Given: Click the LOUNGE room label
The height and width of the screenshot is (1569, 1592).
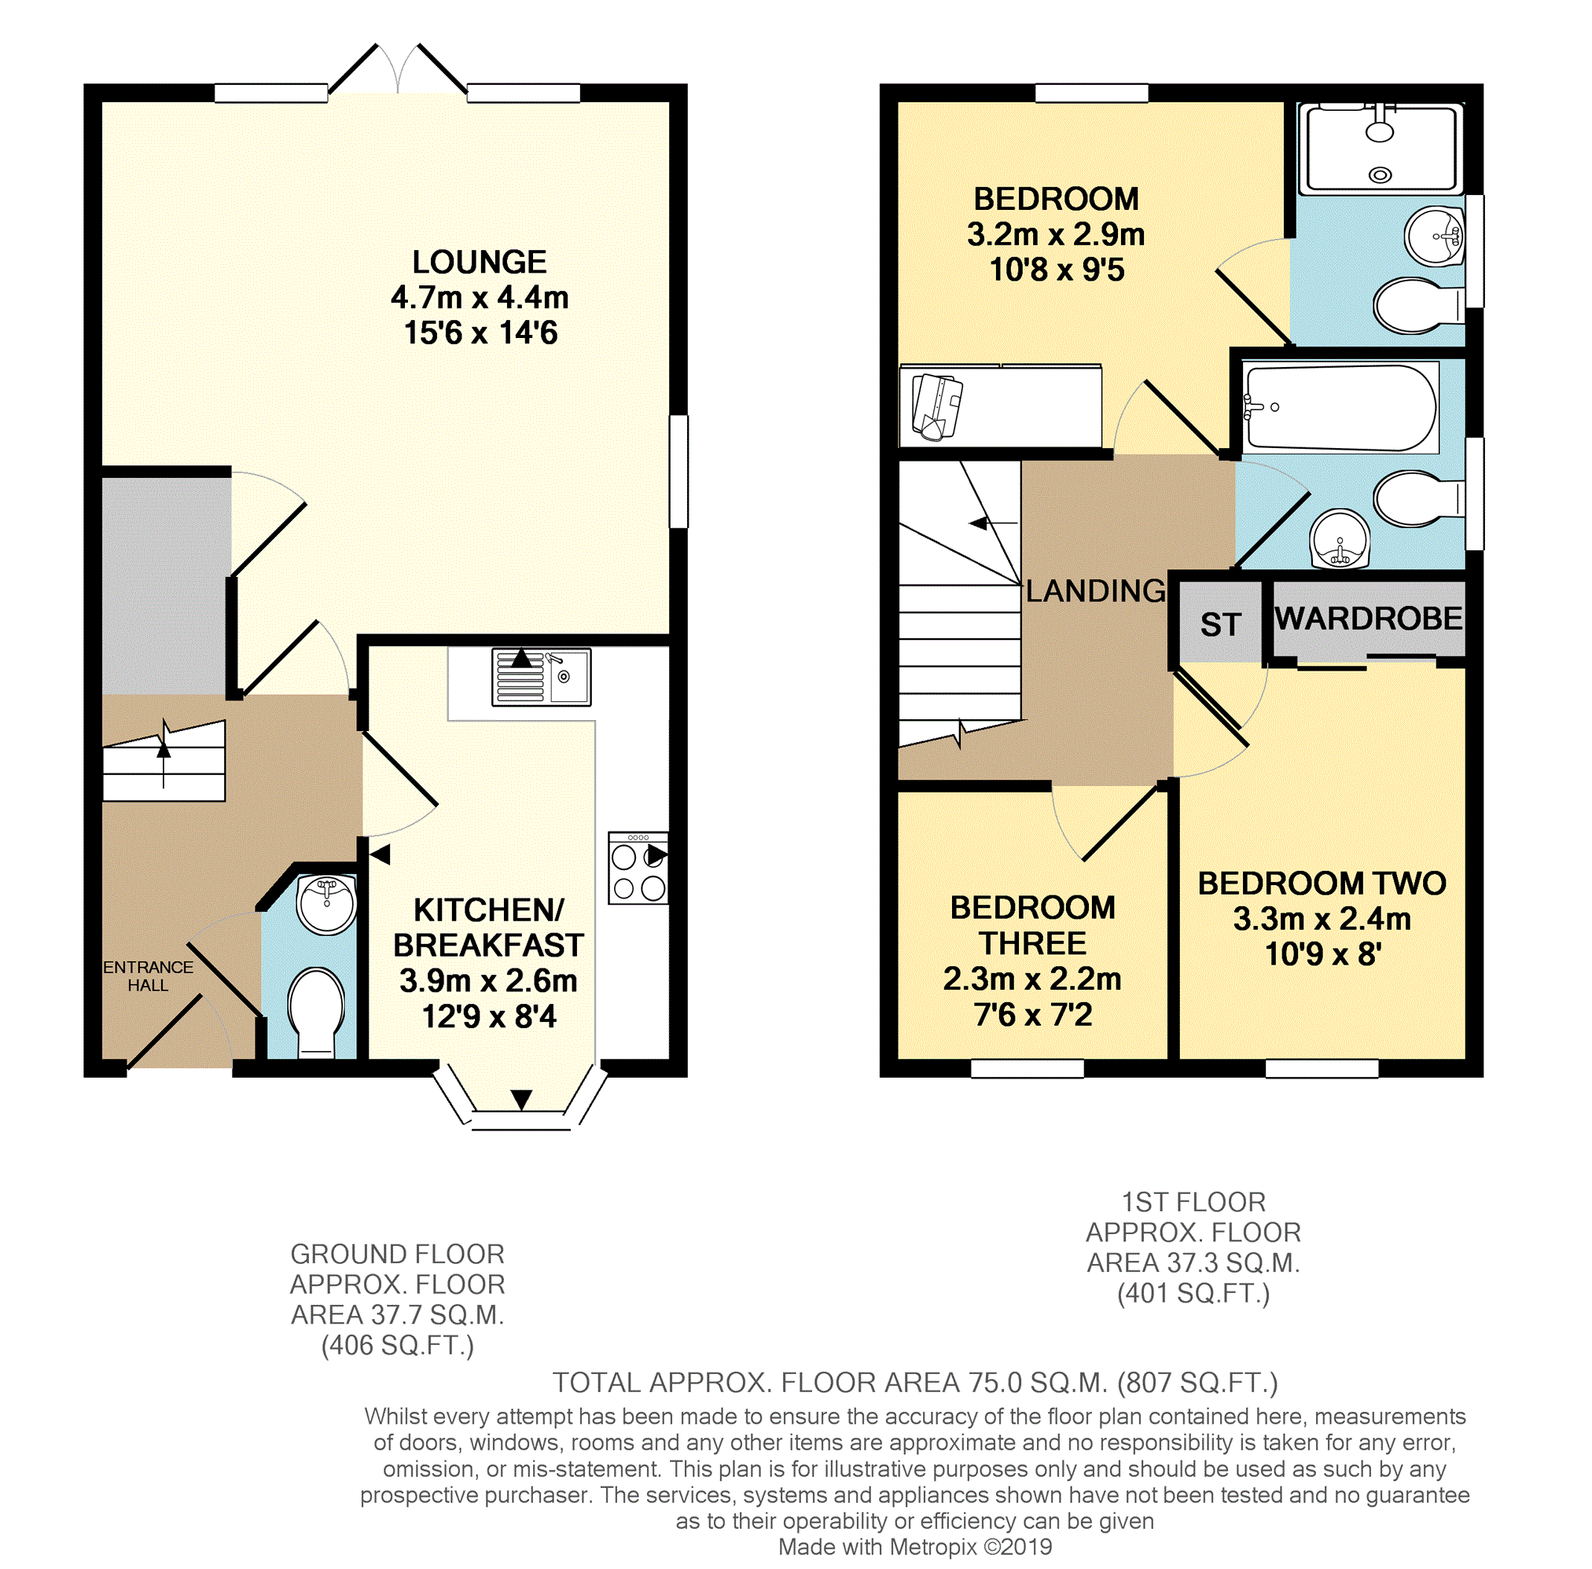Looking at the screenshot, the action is click(480, 262).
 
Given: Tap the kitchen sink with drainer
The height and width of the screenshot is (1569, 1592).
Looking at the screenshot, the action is click(542, 678).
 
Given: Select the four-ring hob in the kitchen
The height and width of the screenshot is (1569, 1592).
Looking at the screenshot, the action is click(638, 869).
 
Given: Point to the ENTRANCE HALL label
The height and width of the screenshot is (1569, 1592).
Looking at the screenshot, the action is click(149, 976).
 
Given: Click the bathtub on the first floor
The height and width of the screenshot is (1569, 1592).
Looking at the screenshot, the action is click(1340, 408).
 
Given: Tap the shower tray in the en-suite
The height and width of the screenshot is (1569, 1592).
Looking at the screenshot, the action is click(1381, 149).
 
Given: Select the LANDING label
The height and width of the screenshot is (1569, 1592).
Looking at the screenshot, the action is click(1096, 591).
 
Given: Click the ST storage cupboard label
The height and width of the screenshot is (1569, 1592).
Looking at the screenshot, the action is click(1220, 625).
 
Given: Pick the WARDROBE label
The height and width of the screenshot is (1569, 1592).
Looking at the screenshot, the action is click(1369, 618).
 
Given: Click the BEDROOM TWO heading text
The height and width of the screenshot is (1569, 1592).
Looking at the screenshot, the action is click(1322, 884).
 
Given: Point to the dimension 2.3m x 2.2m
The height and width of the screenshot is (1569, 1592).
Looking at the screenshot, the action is click(1032, 979).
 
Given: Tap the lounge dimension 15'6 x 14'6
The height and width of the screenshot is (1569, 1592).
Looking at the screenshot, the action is click(480, 333).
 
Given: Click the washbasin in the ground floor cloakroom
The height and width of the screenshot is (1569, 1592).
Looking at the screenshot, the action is click(327, 904).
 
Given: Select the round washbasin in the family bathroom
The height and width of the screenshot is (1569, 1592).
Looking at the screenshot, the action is click(1340, 540).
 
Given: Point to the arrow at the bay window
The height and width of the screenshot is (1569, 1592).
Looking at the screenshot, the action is click(521, 1099).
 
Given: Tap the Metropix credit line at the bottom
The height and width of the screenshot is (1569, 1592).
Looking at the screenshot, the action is click(914, 1547).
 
